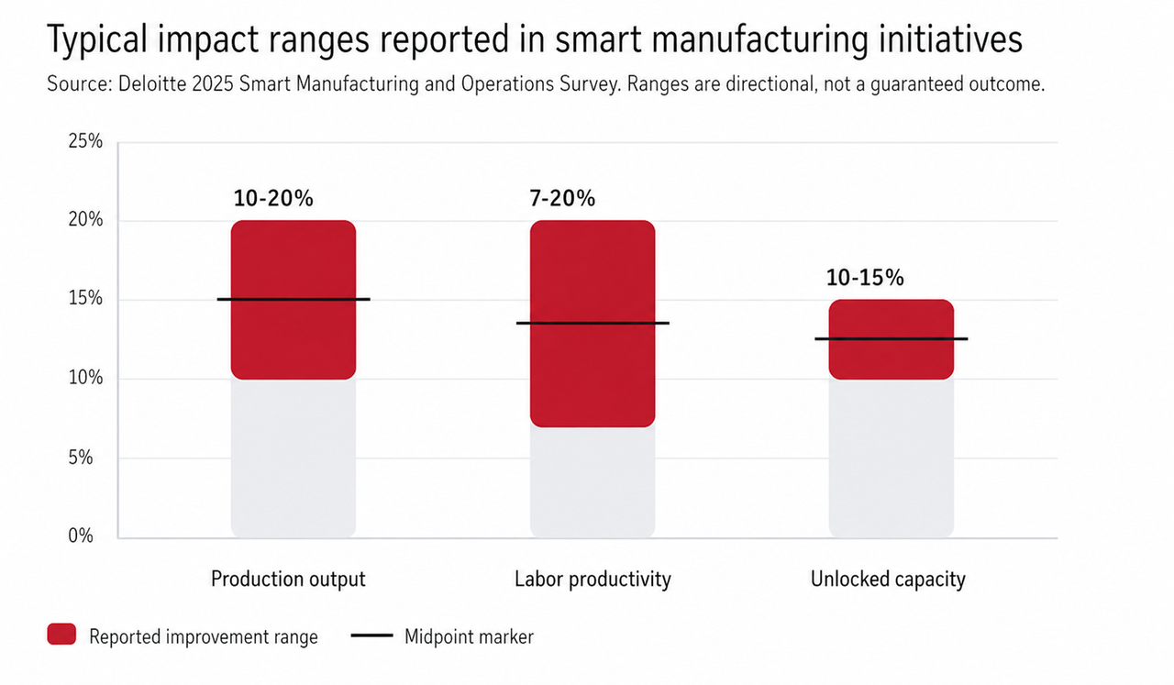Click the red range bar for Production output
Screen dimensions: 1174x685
click(293, 300)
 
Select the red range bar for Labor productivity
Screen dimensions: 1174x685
click(593, 324)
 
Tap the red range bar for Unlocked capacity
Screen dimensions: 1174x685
click(892, 339)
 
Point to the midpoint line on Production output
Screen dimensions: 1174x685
click(293, 299)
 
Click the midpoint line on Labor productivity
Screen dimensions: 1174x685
click(593, 323)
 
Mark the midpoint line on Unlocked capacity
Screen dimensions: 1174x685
click(892, 339)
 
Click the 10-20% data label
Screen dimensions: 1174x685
click(273, 199)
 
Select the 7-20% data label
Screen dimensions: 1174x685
click(562, 199)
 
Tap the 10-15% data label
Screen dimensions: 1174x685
click(865, 278)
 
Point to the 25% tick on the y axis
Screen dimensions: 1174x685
click(85, 141)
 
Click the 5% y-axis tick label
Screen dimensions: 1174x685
click(80, 458)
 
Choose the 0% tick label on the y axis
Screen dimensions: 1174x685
click(80, 536)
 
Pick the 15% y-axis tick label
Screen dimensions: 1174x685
click(85, 298)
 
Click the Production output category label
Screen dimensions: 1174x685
click(288, 580)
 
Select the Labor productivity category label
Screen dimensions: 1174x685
click(593, 580)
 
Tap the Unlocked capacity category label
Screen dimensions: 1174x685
click(888, 580)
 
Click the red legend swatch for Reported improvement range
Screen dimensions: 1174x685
click(61, 635)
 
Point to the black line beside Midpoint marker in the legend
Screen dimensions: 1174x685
click(372, 635)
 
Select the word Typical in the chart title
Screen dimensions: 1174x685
click(98, 39)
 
